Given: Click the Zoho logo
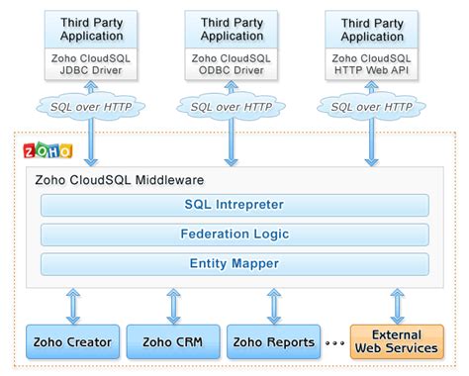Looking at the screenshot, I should [x=47, y=151].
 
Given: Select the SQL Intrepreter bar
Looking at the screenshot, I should [x=234, y=205].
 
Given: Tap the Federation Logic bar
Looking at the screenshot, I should [x=234, y=235].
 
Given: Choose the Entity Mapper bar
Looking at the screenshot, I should [x=234, y=263].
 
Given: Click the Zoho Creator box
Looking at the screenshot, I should [x=73, y=342].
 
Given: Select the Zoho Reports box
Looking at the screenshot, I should [x=274, y=342].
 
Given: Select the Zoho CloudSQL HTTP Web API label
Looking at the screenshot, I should [x=372, y=65].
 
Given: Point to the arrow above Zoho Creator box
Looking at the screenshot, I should [x=73, y=305].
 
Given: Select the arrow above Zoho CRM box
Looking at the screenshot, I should [x=174, y=305].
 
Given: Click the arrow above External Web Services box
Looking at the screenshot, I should [x=398, y=305].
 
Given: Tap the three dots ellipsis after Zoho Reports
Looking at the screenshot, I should [x=336, y=343].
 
